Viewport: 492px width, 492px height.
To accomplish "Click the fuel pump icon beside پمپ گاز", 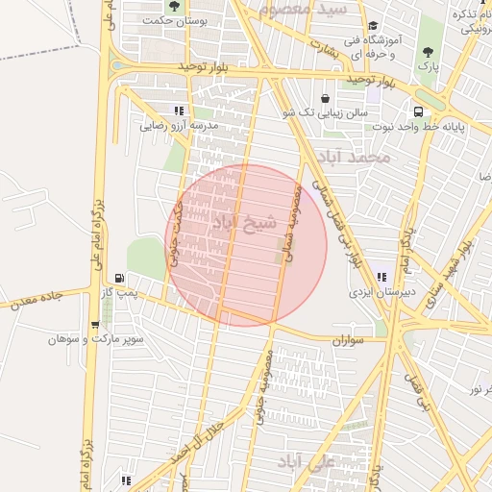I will point(119,278).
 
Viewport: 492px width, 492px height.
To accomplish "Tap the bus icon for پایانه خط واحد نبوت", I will point(418,110).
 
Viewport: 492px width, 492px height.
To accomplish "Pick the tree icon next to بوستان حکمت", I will point(174,7).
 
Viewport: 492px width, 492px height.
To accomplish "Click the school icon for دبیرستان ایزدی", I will point(382,277).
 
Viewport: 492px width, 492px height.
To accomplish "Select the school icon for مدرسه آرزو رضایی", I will point(179,111).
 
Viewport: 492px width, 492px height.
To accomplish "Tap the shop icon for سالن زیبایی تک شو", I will point(324,98).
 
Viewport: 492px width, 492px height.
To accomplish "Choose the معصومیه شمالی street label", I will point(293,224).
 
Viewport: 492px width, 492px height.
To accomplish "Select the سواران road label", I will point(351,340).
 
